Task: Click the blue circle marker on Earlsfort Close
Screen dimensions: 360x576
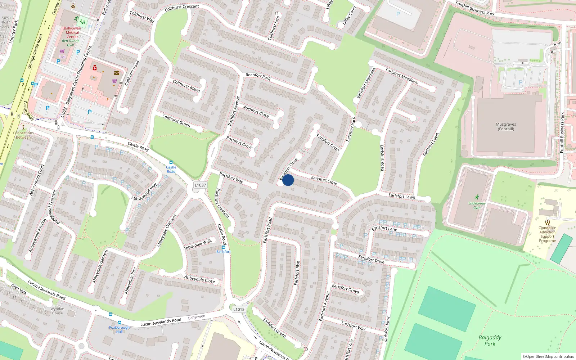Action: [288, 180]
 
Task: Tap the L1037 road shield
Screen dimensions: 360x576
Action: [200, 185]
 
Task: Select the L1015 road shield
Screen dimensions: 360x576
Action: [239, 309]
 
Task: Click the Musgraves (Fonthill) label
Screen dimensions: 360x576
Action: [506, 126]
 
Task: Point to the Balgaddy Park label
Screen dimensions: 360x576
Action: [490, 340]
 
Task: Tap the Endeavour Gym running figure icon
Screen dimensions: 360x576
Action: [477, 197]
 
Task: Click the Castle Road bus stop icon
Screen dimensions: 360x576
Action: [171, 162]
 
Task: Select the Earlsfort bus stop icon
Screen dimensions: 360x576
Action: [224, 247]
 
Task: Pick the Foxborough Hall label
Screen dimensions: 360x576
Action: [119, 329]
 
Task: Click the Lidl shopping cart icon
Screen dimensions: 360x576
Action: [62, 51]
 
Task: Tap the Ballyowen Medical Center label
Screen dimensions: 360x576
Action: [72, 32]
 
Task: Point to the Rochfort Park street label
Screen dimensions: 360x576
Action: [258, 76]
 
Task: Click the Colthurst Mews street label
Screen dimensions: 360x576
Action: [186, 86]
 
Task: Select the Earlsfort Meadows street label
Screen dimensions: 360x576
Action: [401, 76]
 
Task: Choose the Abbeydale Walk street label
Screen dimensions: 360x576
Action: [198, 245]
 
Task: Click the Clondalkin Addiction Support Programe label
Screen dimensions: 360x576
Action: [547, 234]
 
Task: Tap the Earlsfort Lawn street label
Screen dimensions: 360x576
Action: [402, 196]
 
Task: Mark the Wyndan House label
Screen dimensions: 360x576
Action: [57, 311]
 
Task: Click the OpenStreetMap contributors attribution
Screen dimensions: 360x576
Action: [548, 356]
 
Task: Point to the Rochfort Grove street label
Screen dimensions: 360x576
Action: [239, 143]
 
